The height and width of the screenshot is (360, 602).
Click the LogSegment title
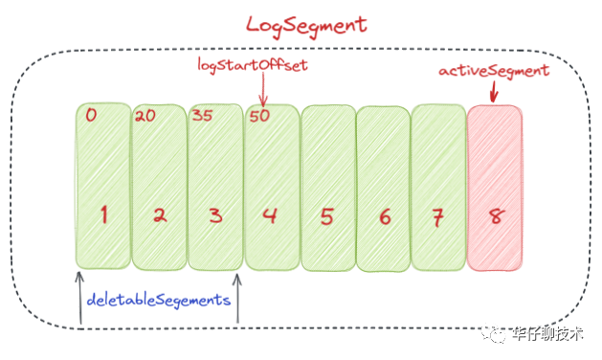(x=306, y=26)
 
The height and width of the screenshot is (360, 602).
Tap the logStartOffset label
(x=253, y=65)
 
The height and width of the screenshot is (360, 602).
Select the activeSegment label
(x=494, y=72)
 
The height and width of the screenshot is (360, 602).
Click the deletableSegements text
(x=158, y=301)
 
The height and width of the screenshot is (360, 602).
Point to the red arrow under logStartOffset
(x=263, y=89)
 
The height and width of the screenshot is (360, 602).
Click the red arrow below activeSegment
(x=494, y=92)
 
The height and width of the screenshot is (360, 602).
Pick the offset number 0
(x=91, y=115)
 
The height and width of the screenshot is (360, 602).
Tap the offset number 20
(x=145, y=116)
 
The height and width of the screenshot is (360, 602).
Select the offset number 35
(x=202, y=115)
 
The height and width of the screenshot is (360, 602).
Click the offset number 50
(x=259, y=116)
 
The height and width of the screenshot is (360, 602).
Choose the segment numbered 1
(x=103, y=186)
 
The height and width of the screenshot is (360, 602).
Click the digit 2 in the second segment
(x=160, y=215)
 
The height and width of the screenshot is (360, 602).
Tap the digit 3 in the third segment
(x=215, y=215)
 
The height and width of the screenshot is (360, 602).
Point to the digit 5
(x=326, y=216)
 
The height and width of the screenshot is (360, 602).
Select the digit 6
(x=385, y=216)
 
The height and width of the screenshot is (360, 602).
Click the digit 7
(x=437, y=217)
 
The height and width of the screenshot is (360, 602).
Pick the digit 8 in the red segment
(x=496, y=216)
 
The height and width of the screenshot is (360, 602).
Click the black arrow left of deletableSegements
(x=79, y=298)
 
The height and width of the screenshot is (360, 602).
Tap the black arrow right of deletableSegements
(x=237, y=298)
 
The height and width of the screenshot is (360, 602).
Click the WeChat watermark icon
(x=494, y=334)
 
